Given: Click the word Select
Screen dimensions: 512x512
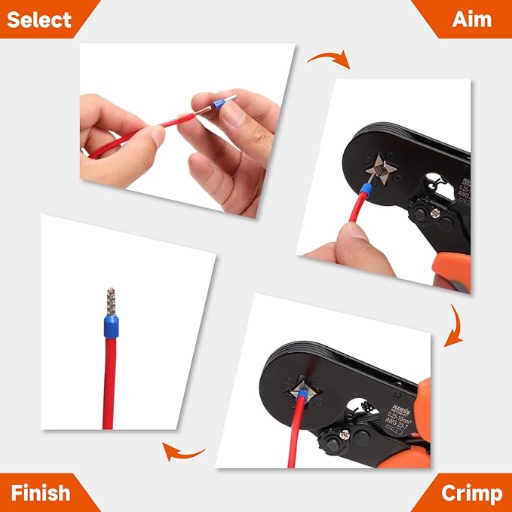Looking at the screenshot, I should [x=40, y=19].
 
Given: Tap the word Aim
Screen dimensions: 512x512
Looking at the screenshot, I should [x=471, y=19].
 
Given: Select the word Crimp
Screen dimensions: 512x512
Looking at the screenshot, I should [x=471, y=493].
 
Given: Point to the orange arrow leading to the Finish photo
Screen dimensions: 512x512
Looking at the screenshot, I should [x=183, y=451].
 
